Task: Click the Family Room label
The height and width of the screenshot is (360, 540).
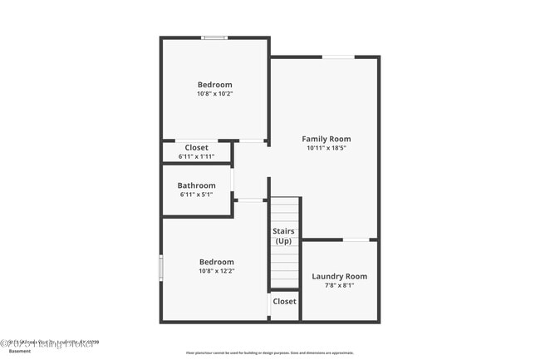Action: [x=326, y=139]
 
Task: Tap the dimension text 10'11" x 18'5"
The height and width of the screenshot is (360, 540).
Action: [x=326, y=148]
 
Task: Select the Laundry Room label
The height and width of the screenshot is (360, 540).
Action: [x=339, y=276]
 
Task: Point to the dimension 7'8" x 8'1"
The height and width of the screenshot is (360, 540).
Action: [x=339, y=285]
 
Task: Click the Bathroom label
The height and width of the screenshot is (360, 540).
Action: [x=196, y=185]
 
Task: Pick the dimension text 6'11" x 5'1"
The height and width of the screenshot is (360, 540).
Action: [x=196, y=195]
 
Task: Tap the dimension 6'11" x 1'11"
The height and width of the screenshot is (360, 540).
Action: [x=196, y=156]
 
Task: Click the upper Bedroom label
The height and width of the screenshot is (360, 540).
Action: [x=214, y=85]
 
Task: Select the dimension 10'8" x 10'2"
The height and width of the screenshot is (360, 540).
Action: [x=214, y=94]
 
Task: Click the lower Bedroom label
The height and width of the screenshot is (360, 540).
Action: [x=216, y=261]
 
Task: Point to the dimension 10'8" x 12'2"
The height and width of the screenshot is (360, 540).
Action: [x=216, y=270]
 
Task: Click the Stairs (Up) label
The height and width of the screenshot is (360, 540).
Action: [x=284, y=236]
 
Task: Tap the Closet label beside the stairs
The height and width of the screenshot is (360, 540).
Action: [x=284, y=301]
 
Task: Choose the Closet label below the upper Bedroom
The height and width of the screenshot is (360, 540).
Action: [x=196, y=147]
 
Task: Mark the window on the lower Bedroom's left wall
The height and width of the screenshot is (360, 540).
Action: [x=161, y=267]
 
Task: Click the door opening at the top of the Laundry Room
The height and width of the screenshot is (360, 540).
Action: [x=356, y=240]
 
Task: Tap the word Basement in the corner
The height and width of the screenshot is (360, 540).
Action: [x=20, y=351]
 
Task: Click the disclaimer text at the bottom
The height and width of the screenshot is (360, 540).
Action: [x=269, y=353]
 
